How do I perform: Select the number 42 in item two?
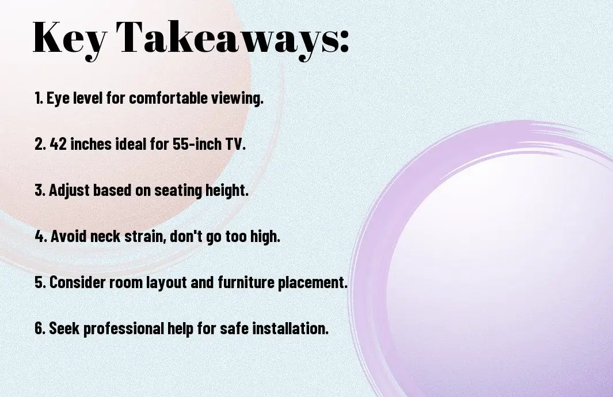click(x=56, y=144)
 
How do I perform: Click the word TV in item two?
click(x=237, y=144)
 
